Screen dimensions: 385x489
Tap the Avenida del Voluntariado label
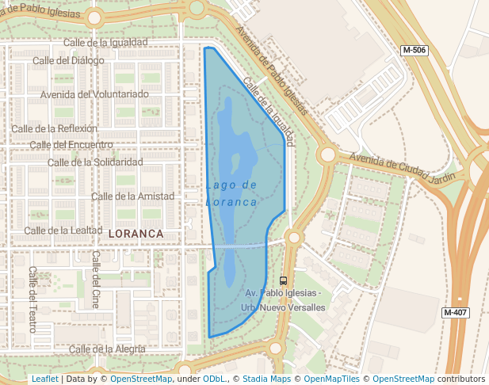pos(94,94)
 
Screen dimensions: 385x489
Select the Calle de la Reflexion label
pos(54,128)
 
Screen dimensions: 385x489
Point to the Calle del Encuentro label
pos(71,145)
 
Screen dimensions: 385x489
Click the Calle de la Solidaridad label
pos(95,162)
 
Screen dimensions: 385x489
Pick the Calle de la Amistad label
pos(133,196)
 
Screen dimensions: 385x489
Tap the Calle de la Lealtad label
pos(63,231)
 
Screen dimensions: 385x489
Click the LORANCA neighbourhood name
pos(135,234)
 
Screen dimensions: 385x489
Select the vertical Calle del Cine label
pos(96,279)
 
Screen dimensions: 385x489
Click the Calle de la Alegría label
pos(107,349)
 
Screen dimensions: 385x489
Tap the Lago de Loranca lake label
pos(231,193)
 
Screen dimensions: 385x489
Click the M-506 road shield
pos(414,50)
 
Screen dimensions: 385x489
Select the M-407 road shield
pos(455,312)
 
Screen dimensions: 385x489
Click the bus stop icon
pos(283,280)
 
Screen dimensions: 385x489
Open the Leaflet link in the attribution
pos(44,379)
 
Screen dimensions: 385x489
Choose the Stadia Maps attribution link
pos(265,379)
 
